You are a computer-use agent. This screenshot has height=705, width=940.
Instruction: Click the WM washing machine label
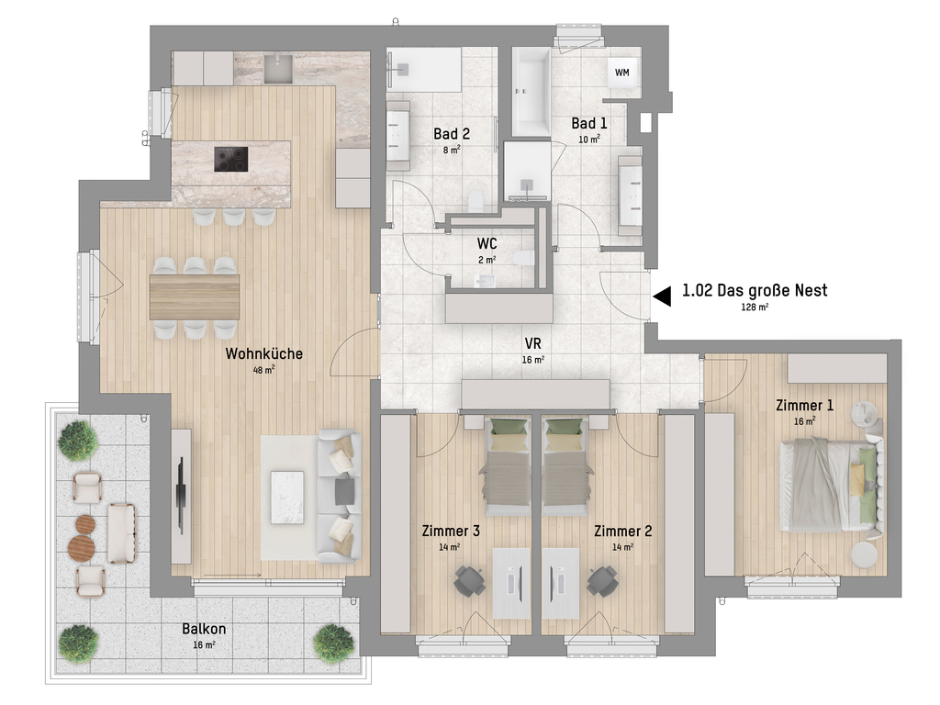coord(621,73)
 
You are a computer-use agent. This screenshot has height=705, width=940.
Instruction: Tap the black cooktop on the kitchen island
coord(230,160)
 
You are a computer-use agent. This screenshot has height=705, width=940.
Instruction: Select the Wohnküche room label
coord(263,353)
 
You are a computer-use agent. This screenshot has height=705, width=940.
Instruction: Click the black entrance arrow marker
coord(662,297)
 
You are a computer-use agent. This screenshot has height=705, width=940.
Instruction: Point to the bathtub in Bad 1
coord(531,91)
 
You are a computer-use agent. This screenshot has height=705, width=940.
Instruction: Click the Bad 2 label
coord(452,134)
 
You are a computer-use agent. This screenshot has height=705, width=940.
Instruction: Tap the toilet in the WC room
coord(522,258)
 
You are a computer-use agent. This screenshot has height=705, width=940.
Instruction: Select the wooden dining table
coord(195,297)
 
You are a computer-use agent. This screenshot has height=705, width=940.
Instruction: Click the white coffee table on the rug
coord(287,498)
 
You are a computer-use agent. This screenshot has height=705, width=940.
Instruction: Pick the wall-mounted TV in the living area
coord(181,496)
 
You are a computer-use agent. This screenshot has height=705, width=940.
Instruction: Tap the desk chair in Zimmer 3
coord(469,581)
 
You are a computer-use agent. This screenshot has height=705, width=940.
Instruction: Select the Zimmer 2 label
coord(622,532)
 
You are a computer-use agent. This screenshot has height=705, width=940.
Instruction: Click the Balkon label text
coord(204,629)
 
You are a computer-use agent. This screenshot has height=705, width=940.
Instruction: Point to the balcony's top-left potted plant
coord(77,441)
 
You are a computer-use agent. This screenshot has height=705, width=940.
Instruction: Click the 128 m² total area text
coord(755,307)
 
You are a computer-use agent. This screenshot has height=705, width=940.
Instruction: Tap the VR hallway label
coord(533,343)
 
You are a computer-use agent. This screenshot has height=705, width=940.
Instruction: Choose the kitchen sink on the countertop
coord(278,69)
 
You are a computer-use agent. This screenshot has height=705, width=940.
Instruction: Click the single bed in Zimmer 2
coord(565,467)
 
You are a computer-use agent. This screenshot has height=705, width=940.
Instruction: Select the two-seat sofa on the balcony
coord(122,533)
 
